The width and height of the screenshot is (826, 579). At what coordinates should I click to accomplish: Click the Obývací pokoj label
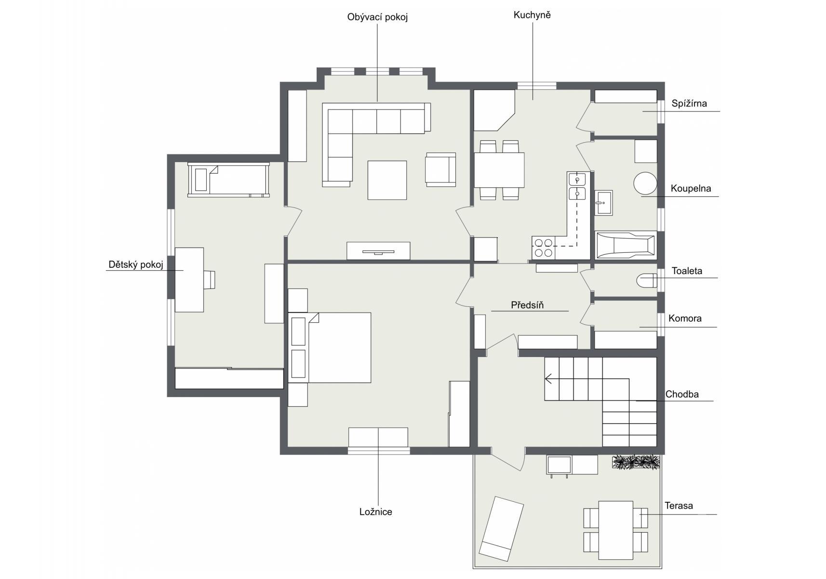[377, 17]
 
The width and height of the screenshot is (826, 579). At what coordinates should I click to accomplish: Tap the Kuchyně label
[532, 15]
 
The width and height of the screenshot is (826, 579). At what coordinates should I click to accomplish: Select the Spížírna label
[689, 103]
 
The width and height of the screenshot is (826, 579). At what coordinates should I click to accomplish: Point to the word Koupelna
[691, 188]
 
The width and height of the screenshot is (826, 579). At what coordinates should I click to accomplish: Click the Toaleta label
[687, 271]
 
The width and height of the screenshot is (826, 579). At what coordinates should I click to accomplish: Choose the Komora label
[685, 318]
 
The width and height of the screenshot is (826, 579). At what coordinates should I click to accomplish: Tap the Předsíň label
[527, 305]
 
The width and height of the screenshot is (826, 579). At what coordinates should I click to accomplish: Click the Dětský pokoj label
[136, 264]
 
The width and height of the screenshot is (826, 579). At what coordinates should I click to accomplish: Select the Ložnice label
[376, 512]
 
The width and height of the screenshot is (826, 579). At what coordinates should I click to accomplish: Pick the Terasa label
[679, 506]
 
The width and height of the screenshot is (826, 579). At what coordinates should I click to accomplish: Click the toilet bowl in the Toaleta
[647, 280]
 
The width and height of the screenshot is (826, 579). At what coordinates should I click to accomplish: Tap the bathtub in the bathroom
[626, 245]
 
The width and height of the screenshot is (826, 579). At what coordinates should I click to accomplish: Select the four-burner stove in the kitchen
[544, 248]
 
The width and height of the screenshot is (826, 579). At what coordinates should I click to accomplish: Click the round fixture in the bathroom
[645, 183]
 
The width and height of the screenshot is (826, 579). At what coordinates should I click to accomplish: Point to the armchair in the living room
[440, 169]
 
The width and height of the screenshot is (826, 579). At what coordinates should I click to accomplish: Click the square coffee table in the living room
[387, 180]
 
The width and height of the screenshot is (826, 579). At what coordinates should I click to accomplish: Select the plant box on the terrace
[636, 462]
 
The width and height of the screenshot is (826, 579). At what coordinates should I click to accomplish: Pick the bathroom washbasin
[604, 203]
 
